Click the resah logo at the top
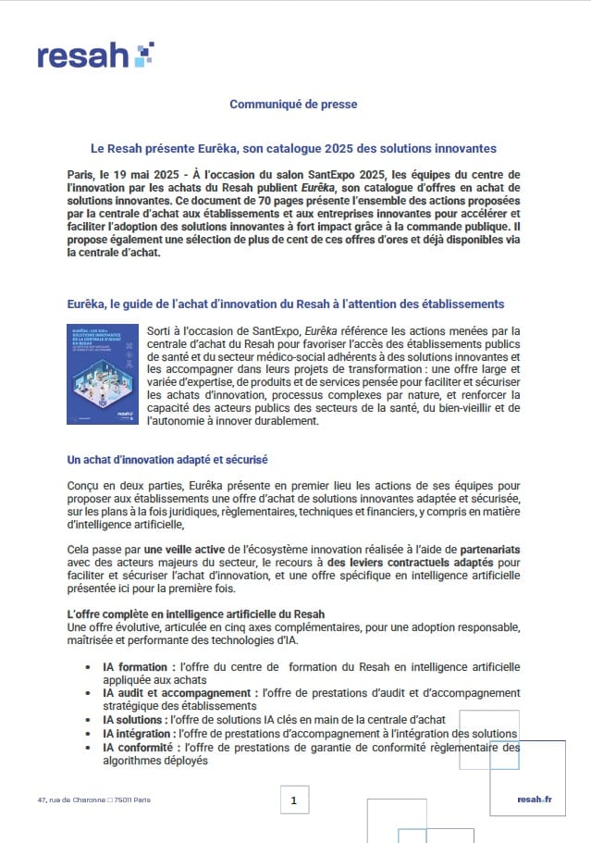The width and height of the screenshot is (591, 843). [95, 55]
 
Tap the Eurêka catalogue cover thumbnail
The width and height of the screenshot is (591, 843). [101, 374]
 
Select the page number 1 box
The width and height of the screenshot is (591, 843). [293, 800]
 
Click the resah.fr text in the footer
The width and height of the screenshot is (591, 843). [534, 800]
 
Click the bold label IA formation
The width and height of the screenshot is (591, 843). [137, 666]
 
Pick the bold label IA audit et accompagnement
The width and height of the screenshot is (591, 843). [180, 692]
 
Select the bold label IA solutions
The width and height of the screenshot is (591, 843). [136, 719]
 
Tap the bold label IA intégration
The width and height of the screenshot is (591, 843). [141, 733]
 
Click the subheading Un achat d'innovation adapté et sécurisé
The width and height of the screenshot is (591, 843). [167, 459]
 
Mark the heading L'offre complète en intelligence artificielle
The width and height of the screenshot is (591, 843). [195, 614]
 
